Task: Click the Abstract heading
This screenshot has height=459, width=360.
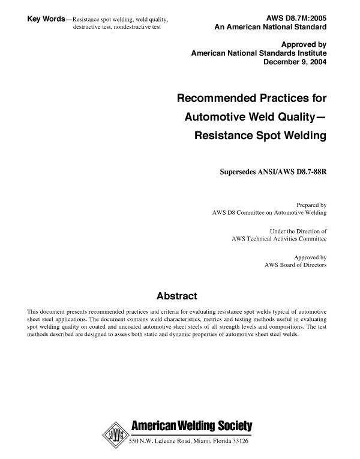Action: (177, 296)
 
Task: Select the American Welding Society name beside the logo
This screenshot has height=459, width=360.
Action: (191, 427)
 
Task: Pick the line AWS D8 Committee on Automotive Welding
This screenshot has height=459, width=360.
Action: (269, 212)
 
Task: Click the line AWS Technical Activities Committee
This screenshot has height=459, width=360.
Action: (279, 239)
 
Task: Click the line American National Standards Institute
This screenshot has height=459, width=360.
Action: (259, 53)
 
